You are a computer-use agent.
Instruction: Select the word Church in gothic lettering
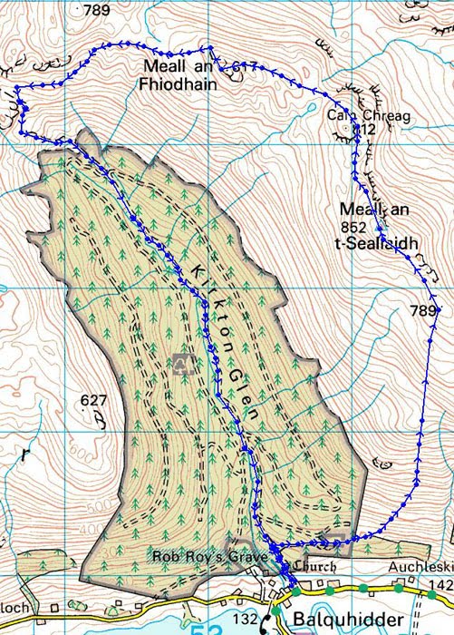tap(316, 567)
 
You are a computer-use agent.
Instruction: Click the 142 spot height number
tap(441, 586)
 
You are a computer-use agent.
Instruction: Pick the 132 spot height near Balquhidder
tap(246, 619)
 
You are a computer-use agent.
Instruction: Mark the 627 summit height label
tap(93, 400)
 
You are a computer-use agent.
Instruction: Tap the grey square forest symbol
tap(184, 364)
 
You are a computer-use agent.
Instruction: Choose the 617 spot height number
tap(245, 66)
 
